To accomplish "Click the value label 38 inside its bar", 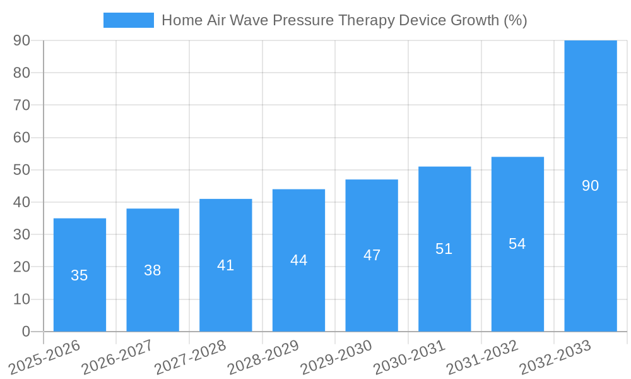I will point(152,270).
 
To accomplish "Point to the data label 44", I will point(298,260).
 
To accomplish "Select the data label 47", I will point(372,255).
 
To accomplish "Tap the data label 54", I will point(517,244).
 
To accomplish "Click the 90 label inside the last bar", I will point(590,186).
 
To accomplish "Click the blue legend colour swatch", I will point(128,20).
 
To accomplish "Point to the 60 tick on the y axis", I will point(21,138).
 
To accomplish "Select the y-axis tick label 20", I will point(21,267).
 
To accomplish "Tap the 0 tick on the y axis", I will point(26,332).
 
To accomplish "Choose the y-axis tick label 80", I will point(21,73).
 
